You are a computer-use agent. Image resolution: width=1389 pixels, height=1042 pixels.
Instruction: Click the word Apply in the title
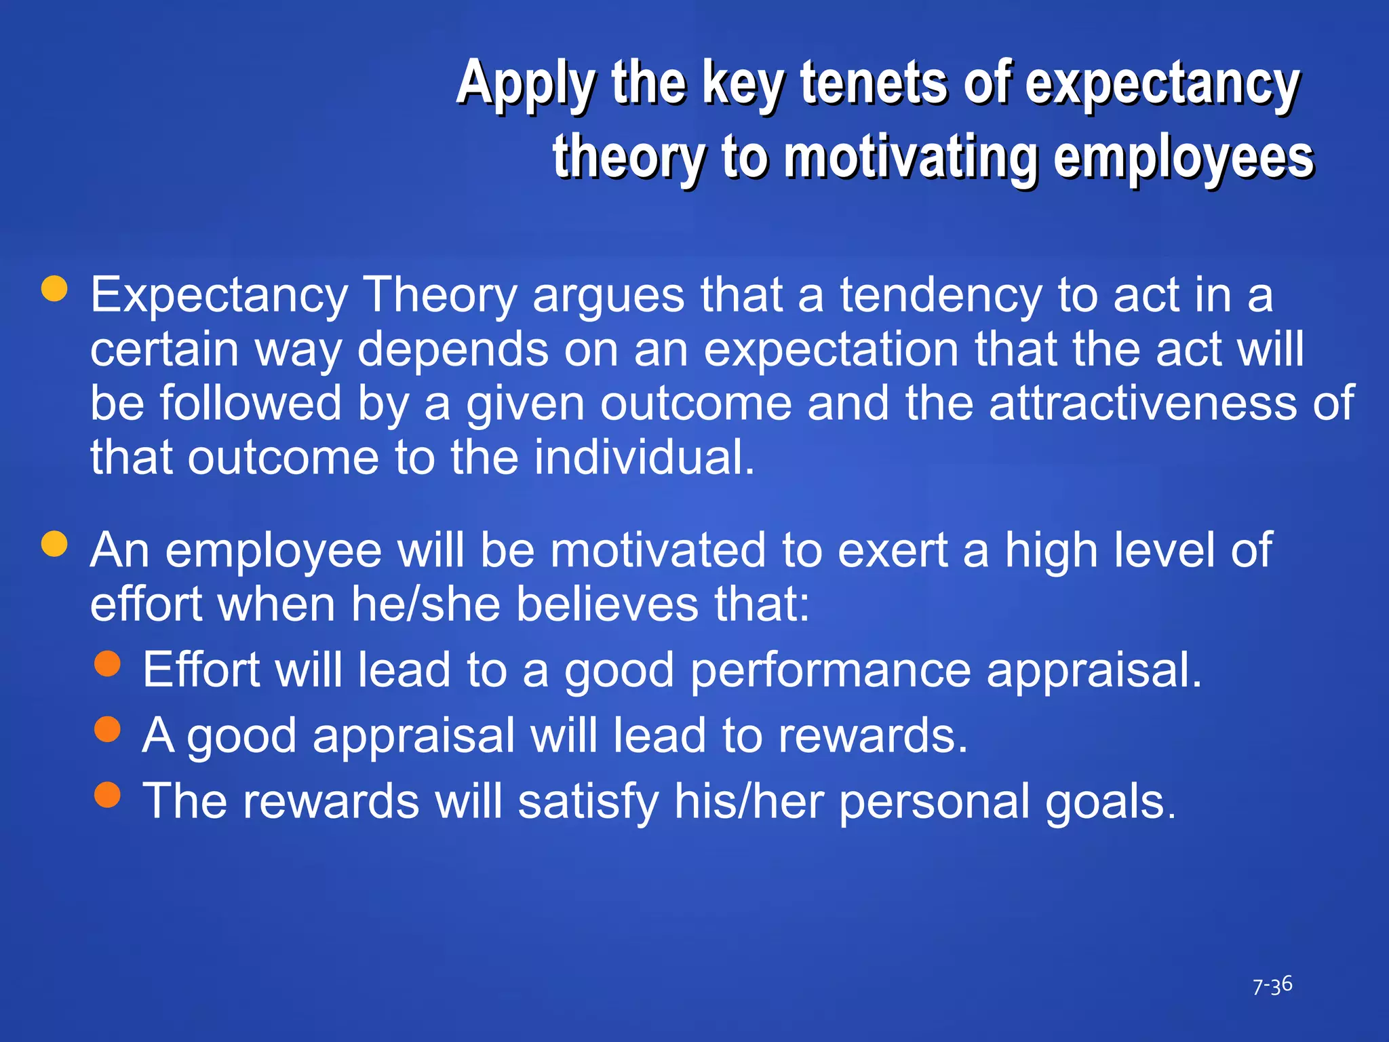526,84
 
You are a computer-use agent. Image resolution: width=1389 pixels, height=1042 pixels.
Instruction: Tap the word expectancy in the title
1162,84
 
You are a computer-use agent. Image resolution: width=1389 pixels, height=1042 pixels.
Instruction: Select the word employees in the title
1183,157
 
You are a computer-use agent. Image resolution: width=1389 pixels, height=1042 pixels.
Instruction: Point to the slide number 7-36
1272,986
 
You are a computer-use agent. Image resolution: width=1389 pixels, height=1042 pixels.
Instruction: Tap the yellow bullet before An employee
54,543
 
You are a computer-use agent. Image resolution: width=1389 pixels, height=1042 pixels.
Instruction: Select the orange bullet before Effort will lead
107,663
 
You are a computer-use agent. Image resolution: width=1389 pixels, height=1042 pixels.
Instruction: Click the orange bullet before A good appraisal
107,729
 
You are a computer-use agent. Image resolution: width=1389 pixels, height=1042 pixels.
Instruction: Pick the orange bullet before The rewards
107,794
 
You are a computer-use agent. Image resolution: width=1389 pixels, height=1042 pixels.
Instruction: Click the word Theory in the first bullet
440,296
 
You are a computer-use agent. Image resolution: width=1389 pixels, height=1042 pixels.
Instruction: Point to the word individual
644,457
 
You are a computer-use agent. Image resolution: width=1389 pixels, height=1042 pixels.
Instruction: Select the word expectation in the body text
831,350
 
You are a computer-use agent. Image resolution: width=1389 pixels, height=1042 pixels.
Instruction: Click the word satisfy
587,801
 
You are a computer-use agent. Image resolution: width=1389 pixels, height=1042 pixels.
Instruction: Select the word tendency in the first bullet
940,296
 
